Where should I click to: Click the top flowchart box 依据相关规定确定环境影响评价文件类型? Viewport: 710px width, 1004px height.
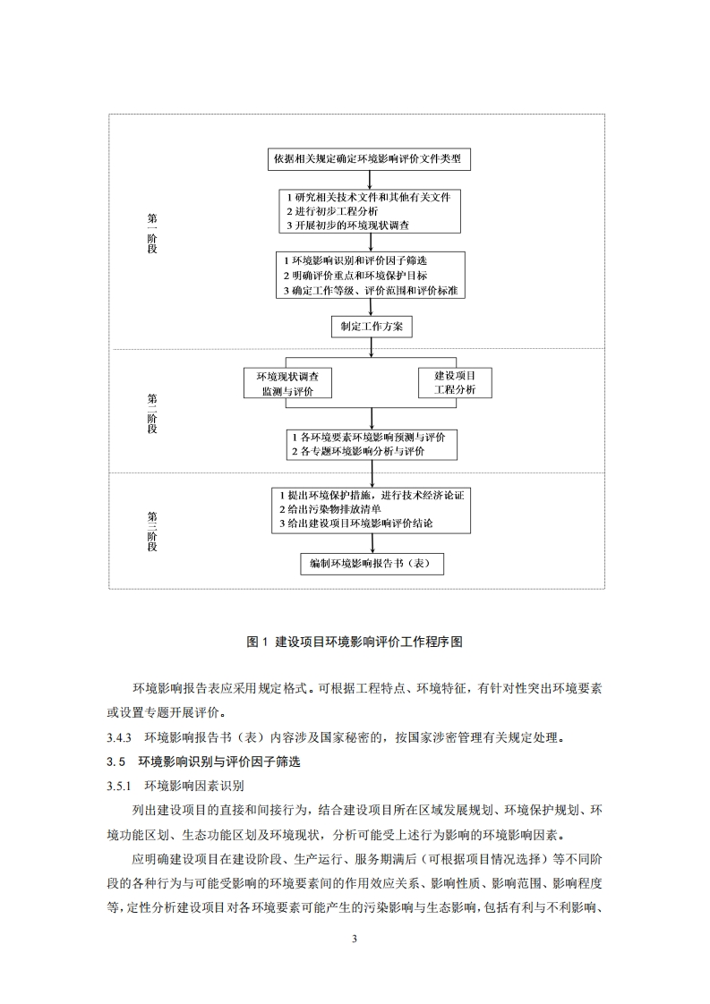click(370, 159)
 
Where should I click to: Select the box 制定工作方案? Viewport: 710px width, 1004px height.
click(371, 327)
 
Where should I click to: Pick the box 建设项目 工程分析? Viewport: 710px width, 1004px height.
click(454, 382)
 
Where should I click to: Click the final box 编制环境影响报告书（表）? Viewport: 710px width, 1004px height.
click(371, 565)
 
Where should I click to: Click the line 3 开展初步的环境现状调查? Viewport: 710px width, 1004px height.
click(347, 225)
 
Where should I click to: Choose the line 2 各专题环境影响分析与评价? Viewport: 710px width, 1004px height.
click(357, 452)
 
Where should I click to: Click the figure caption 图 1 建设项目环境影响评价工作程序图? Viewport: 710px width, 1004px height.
click(355, 642)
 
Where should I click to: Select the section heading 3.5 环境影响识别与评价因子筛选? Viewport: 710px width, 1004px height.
click(212, 762)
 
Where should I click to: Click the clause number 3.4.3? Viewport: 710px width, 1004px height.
click(119, 738)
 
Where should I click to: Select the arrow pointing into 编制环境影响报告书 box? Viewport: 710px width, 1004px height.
click(370, 544)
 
